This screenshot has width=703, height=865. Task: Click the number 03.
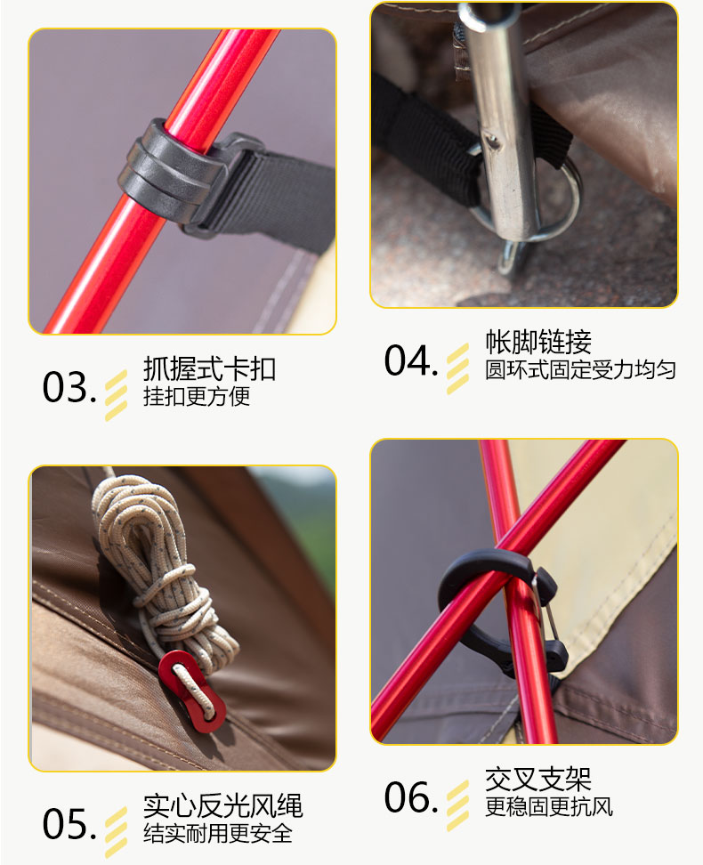[69, 387]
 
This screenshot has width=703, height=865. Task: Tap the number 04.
[412, 360]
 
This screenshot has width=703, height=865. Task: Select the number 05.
[69, 824]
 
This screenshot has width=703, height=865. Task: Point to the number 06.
[412, 797]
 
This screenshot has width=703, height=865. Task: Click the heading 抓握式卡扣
[209, 368]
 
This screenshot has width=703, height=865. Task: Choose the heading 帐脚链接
[538, 342]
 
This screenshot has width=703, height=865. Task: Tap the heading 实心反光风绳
[223, 805]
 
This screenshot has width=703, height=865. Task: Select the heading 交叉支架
[538, 779]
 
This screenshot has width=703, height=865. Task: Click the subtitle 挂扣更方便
[197, 396]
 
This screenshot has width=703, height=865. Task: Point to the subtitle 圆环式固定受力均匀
[580, 369]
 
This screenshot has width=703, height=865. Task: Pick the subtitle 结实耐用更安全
[218, 833]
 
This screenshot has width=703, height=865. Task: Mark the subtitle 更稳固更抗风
[549, 806]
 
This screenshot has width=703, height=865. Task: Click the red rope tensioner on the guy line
[191, 691]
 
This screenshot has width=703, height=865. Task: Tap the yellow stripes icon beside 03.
[116, 395]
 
